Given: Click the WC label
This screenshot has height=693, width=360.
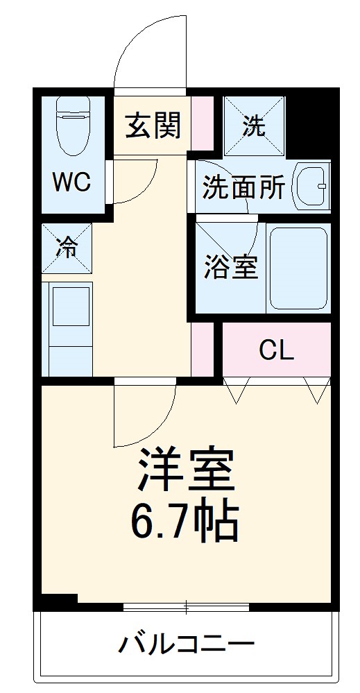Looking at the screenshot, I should pyautogui.click(x=72, y=183).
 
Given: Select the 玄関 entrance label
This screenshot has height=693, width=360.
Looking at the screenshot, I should pyautogui.click(x=153, y=126).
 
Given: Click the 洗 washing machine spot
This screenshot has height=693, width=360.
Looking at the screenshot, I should pyautogui.click(x=254, y=126).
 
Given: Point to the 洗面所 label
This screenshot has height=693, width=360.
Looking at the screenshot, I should pyautogui.click(x=243, y=187).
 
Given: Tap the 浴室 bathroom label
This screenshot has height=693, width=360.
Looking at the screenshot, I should pyautogui.click(x=231, y=267).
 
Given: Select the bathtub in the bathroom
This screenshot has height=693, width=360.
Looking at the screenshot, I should pyautogui.click(x=298, y=268).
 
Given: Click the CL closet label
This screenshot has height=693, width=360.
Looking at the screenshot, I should pyautogui.click(x=276, y=351).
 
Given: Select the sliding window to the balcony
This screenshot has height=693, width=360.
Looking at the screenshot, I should pyautogui.click(x=186, y=608).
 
